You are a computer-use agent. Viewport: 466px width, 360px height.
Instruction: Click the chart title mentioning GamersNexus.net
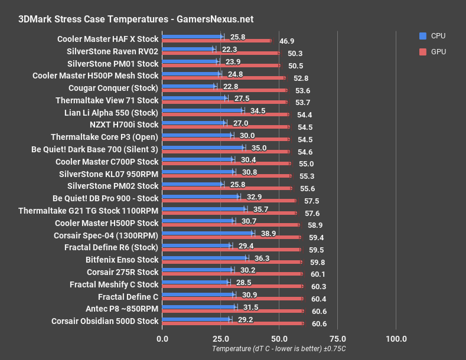point(136,19)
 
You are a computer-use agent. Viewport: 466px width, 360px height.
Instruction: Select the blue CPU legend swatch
point(422,36)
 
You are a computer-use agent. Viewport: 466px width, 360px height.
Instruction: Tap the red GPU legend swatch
point(422,51)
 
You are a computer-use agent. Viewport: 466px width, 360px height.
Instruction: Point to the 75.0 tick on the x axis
point(337,338)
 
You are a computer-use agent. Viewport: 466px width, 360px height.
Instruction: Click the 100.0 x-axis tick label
point(396,338)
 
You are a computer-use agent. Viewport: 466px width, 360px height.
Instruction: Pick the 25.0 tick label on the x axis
point(220,338)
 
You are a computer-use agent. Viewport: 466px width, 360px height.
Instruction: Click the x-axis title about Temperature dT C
point(279,349)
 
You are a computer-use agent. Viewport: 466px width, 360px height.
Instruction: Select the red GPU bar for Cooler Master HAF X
point(216,41)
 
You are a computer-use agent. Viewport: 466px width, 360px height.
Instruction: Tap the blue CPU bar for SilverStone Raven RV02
point(188,49)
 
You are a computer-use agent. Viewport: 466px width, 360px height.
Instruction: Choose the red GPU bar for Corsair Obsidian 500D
point(233,323)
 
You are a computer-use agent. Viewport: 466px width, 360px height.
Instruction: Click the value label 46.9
point(287,41)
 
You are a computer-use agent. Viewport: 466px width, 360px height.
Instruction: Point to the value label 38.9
point(268,234)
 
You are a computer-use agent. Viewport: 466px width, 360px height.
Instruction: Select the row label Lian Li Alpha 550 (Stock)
point(111,112)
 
